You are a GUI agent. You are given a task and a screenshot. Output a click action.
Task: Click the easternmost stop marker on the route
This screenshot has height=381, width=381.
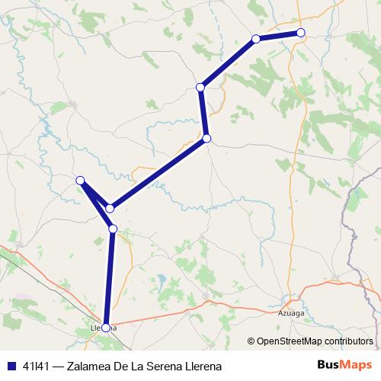[301, 32]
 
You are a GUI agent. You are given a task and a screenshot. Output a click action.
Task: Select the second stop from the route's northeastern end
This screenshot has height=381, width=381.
[256, 39]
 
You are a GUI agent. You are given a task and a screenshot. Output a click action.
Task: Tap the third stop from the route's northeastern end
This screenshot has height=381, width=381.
[201, 88]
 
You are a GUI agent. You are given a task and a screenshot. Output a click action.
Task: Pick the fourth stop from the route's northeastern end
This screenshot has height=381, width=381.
[207, 139]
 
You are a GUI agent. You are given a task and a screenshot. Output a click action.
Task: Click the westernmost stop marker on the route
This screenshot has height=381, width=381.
[80, 180]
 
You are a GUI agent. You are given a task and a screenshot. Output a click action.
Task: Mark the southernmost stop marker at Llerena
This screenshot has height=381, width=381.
[105, 328]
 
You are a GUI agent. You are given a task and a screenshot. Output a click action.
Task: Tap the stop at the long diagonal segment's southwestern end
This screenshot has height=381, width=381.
[110, 208]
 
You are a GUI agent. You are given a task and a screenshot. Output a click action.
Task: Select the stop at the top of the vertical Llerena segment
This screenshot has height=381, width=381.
[113, 229]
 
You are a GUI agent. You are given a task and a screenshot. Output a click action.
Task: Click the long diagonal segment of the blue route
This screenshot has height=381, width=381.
[158, 173]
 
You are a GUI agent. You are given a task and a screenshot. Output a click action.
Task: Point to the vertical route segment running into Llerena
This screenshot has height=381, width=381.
[109, 278]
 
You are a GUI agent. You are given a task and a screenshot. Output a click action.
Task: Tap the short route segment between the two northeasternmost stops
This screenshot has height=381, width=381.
[279, 35]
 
